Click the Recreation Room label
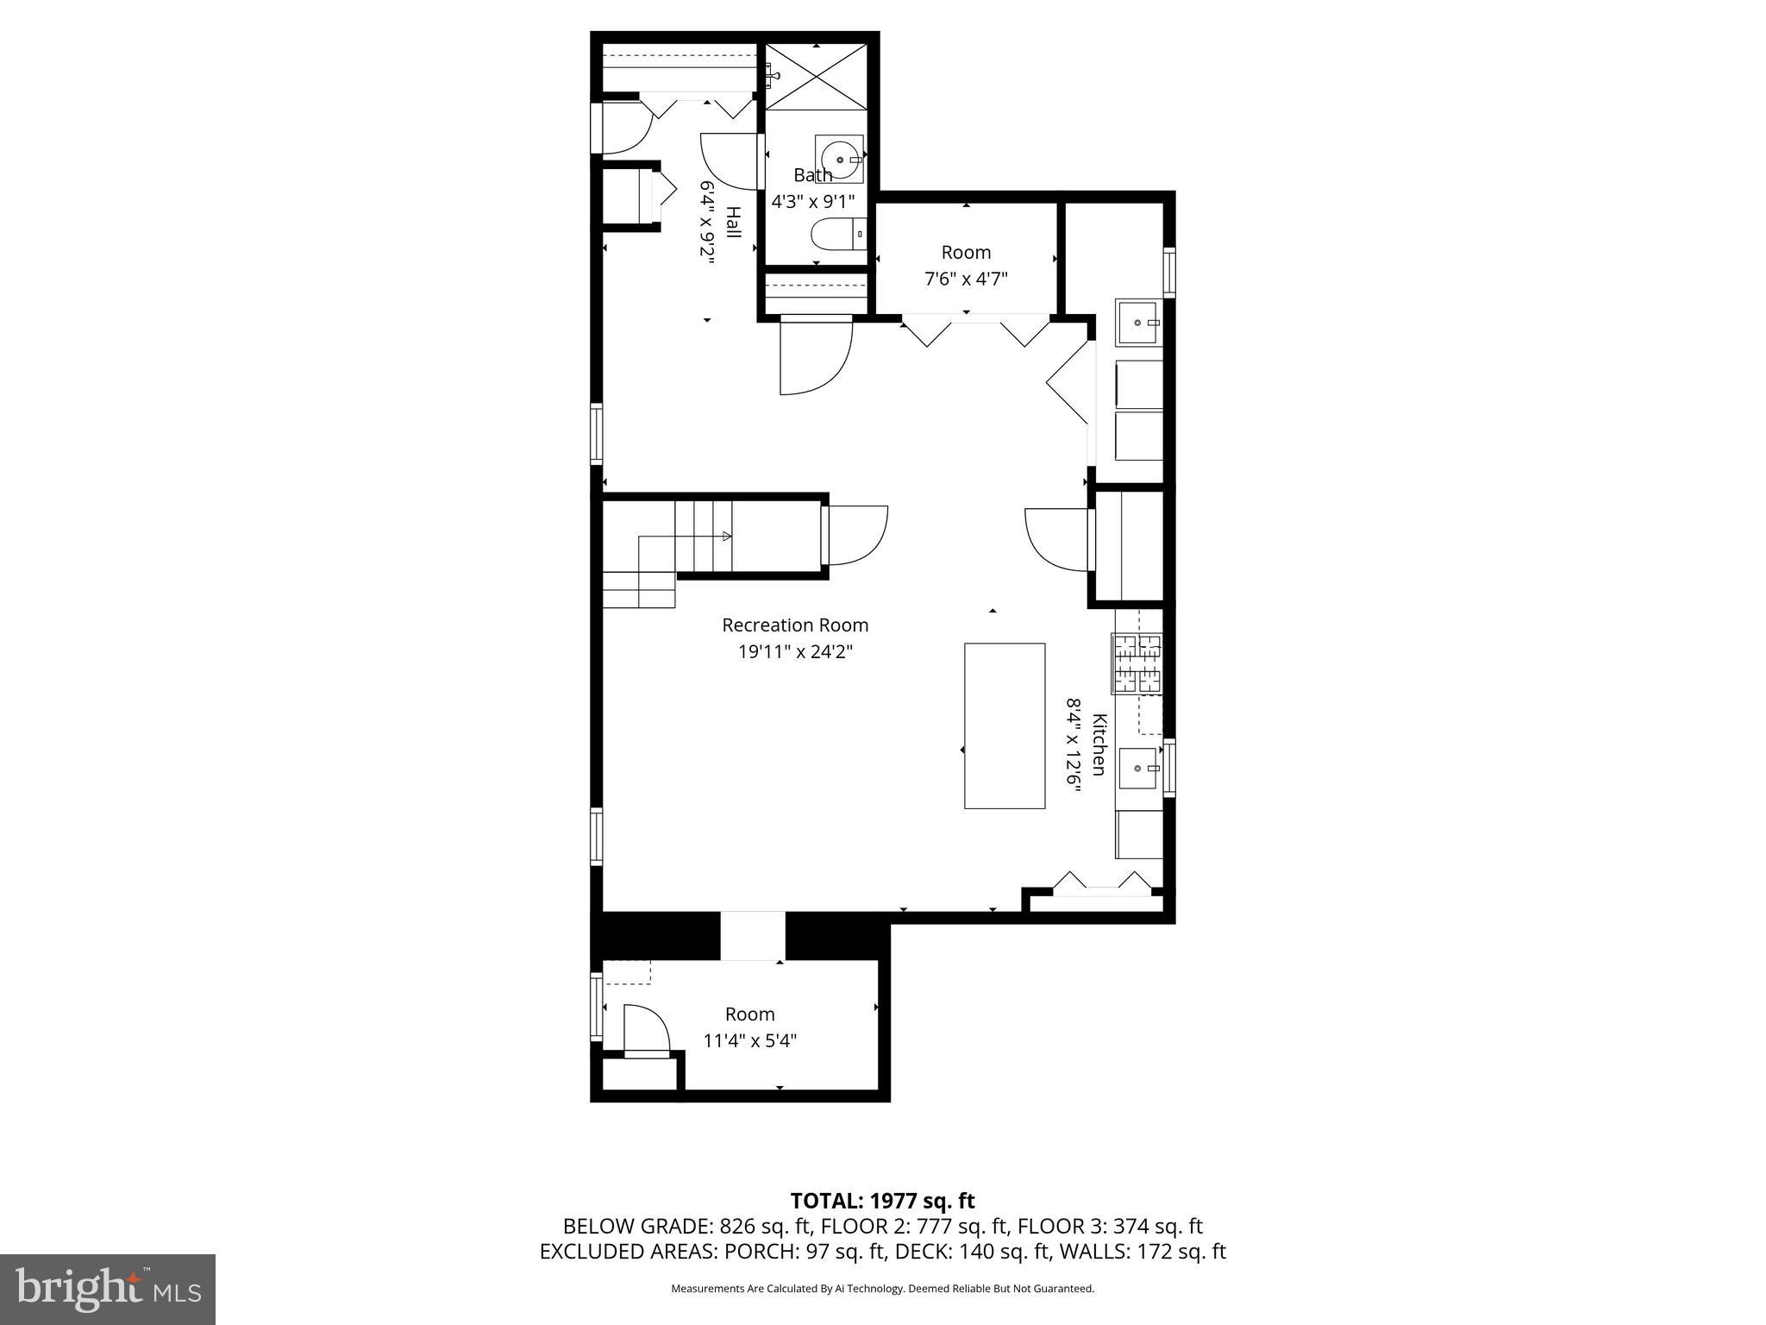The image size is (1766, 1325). [795, 625]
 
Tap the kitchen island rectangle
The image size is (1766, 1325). [1004, 725]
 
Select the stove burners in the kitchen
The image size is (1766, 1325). [1137, 663]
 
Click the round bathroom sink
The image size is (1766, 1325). [839, 160]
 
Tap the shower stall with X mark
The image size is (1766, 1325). [816, 78]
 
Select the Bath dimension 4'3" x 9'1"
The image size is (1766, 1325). [812, 202]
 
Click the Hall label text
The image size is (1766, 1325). [732, 222]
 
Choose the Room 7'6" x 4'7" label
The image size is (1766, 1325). [966, 266]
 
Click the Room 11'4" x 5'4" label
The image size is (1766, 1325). [749, 1027]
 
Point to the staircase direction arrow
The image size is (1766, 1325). [726, 537]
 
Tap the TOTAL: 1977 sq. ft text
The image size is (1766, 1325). [882, 1200]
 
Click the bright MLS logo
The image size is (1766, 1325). [108, 1289]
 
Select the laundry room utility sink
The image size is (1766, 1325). [1138, 322]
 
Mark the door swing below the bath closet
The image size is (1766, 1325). [815, 355]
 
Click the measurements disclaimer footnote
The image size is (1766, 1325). [882, 1289]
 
